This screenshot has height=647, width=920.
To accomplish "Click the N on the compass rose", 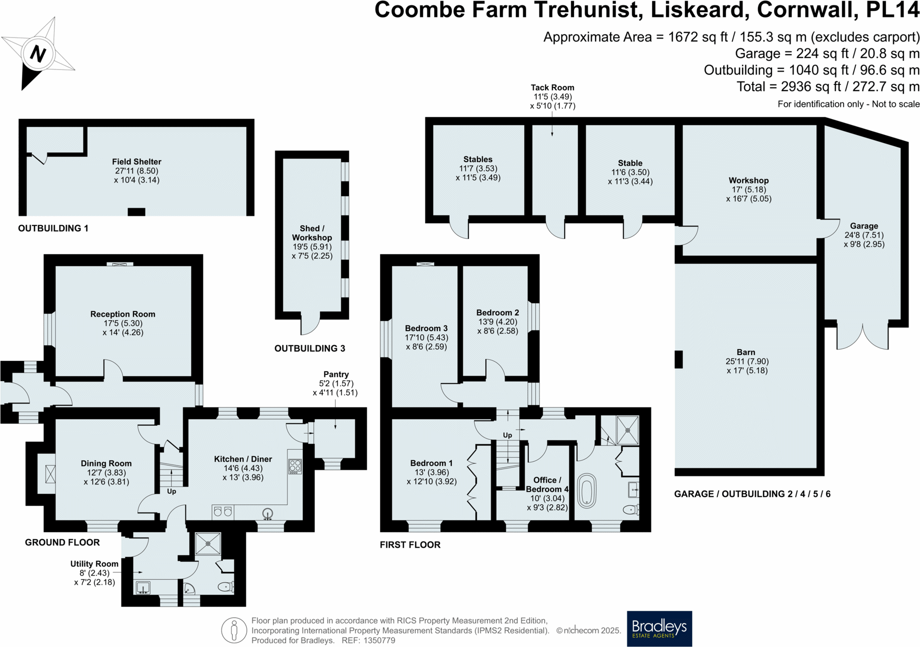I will click(x=38, y=53).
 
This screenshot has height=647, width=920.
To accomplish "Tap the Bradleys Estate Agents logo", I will click(x=659, y=628).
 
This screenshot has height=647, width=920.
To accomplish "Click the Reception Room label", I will click(x=123, y=314).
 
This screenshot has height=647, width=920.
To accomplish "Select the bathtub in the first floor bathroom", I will click(x=587, y=491).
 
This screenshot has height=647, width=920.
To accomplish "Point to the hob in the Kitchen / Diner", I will click(x=295, y=466).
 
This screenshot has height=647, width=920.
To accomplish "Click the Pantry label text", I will click(x=336, y=374).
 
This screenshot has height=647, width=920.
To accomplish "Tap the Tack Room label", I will click(x=552, y=87).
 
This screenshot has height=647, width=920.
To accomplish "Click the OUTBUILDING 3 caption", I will click(x=309, y=348).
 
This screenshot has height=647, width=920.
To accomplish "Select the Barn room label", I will click(x=746, y=352).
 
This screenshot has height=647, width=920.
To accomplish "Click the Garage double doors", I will click(x=863, y=337).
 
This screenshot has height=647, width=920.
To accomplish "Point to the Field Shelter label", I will click(x=136, y=161).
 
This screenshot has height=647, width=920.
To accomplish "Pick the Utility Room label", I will click(x=94, y=563).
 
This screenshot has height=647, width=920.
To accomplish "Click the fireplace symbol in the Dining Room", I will click(x=50, y=473).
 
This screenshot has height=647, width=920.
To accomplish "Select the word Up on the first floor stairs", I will click(x=507, y=435).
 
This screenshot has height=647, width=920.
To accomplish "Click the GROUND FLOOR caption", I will click(x=62, y=542).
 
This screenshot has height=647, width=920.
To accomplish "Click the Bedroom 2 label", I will click(x=497, y=312).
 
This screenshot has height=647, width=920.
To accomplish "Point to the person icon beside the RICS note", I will click(x=234, y=630).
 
